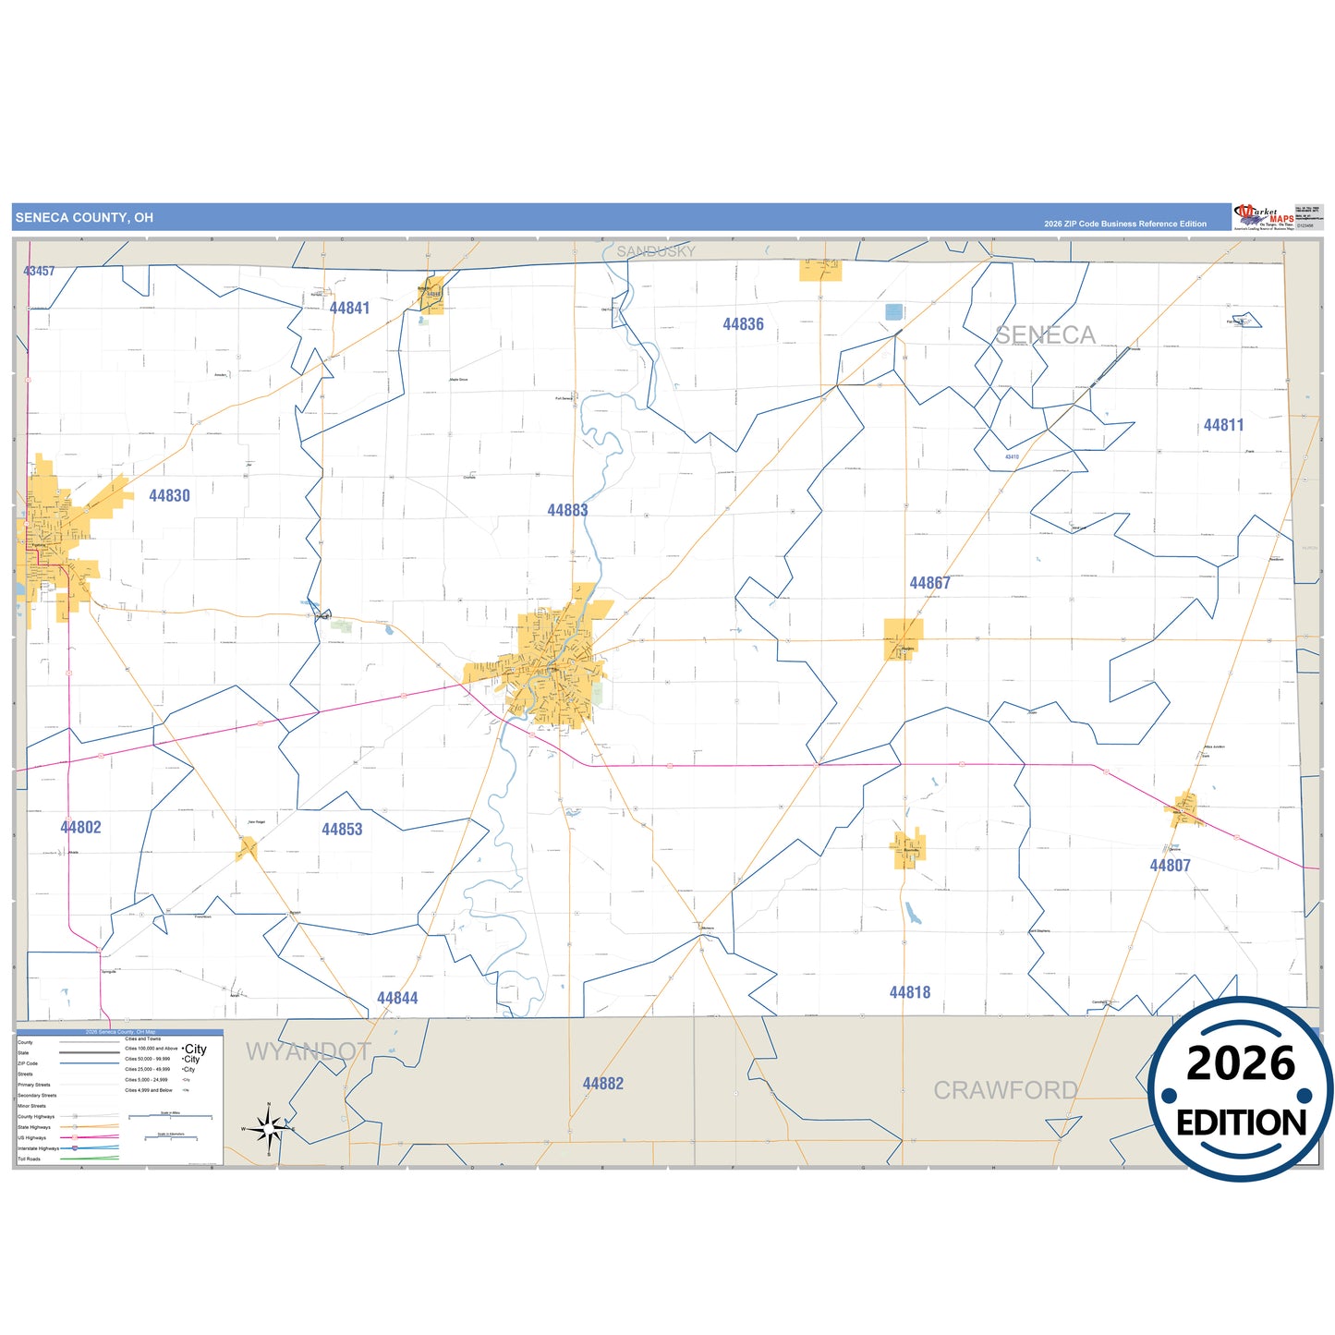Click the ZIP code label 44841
coord(349,309)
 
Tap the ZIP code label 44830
coord(169,496)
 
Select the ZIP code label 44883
coord(567,510)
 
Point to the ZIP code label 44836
coord(743,324)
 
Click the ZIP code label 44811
coord(1223,425)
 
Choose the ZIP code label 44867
coord(929,583)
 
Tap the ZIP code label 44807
coord(1170,866)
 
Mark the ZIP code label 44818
coord(910,992)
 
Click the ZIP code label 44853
coord(342,830)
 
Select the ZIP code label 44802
coord(80,828)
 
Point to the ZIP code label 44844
coord(397,998)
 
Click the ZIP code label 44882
coord(602,1084)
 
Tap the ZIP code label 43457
coord(39,271)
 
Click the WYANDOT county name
coord(309,1051)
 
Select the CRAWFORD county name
coord(1005,1090)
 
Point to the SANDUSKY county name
coord(656,251)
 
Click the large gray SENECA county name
coord(1045,334)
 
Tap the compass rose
coord(268,1127)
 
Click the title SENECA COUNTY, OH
coord(84,218)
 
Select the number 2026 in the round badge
coord(1241,1063)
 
